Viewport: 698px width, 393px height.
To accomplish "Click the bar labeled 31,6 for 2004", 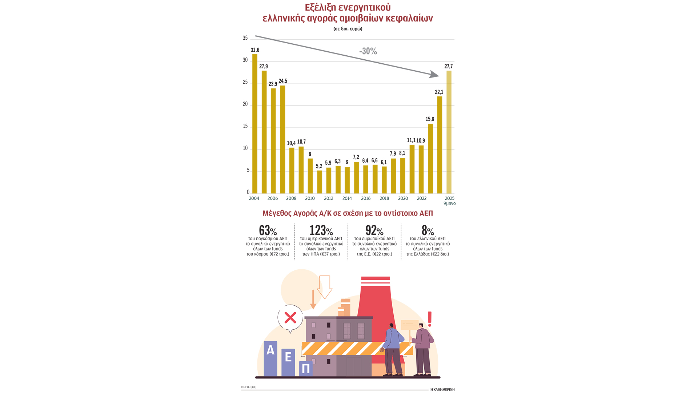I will pyautogui.click(x=255, y=124).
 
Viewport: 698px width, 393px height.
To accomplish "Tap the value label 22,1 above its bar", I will pyautogui.click(x=439, y=92).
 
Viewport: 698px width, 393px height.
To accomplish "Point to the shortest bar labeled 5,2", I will pyautogui.click(x=320, y=182).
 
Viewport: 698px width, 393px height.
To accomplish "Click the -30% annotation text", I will pyautogui.click(x=368, y=51).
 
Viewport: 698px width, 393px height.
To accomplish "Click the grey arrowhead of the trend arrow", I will pyautogui.click(x=434, y=75).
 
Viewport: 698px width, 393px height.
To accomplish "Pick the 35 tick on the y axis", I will pyautogui.click(x=245, y=38).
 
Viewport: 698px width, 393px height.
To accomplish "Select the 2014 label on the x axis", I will pyautogui.click(x=347, y=198).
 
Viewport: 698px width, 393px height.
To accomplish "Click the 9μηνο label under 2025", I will pyautogui.click(x=449, y=203).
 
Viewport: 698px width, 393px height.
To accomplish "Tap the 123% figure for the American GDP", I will pyautogui.click(x=321, y=230).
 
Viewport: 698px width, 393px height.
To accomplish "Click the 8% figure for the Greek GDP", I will pyautogui.click(x=428, y=230).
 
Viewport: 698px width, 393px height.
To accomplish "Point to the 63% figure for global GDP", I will pyautogui.click(x=268, y=230).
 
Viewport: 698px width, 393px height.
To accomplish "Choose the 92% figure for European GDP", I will pyautogui.click(x=374, y=230).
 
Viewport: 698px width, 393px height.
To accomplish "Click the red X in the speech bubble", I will pyautogui.click(x=290, y=318).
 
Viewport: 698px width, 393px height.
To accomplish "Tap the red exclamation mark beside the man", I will pyautogui.click(x=430, y=319).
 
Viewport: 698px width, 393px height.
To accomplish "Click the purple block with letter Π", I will pyautogui.click(x=306, y=369).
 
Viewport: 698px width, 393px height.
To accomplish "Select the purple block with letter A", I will pyautogui.click(x=270, y=358).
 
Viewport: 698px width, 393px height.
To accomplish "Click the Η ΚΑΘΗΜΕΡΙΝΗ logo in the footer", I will pyautogui.click(x=442, y=389).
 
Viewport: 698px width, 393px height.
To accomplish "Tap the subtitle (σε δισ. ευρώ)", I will pyautogui.click(x=348, y=29).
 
